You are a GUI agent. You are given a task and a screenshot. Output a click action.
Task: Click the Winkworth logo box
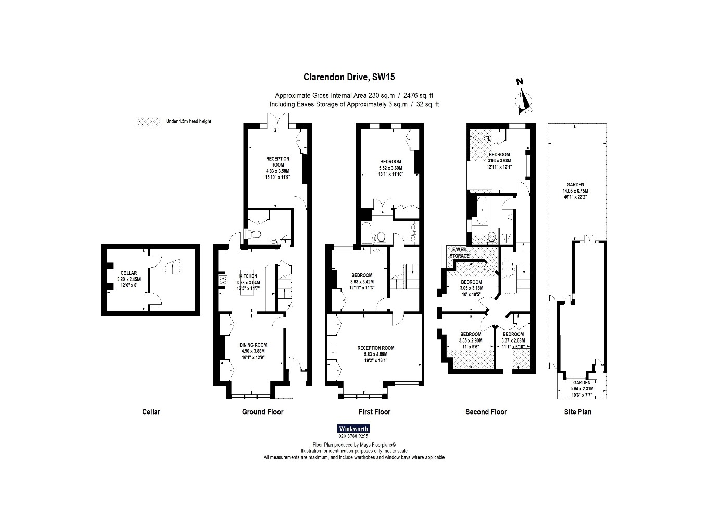353,428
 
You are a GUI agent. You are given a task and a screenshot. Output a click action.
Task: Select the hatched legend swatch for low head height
148,121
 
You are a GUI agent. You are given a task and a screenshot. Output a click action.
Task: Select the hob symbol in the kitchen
223,280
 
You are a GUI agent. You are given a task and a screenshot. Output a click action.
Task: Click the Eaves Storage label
460,252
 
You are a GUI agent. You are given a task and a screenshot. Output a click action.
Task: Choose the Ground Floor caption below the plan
262,412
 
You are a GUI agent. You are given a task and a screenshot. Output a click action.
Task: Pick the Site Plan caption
577,412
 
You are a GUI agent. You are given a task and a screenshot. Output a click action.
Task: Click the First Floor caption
374,412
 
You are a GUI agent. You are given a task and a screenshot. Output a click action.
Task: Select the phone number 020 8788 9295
353,436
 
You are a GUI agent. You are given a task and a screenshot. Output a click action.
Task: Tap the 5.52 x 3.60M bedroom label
390,168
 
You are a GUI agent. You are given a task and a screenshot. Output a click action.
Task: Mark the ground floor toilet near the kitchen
255,234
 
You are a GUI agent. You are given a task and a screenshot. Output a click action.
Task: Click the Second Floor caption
486,412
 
